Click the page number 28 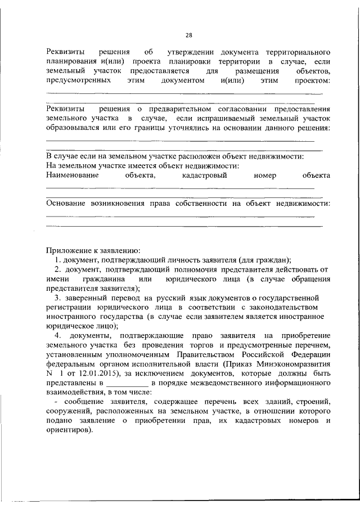(188, 35)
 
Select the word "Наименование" (72, 175)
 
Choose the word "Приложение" (68, 250)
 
